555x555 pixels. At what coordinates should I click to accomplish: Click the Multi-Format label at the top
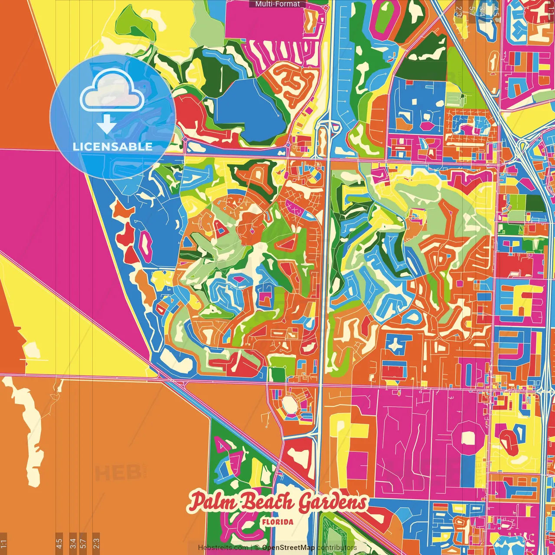[277, 4]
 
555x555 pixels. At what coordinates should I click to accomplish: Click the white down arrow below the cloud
[106, 124]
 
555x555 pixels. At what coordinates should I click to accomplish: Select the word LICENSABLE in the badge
[113, 147]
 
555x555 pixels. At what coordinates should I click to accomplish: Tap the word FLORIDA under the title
[277, 522]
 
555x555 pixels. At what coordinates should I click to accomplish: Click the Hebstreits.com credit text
[223, 548]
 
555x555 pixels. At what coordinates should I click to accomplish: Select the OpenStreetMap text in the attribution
[288, 548]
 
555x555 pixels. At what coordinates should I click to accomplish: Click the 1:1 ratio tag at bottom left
[3, 543]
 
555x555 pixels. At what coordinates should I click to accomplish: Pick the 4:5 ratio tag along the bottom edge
[59, 543]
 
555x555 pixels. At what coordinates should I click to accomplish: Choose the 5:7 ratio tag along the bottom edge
[84, 543]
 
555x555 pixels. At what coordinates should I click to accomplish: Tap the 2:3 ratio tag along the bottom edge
[96, 543]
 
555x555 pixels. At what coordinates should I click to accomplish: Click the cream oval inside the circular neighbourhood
[290, 405]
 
